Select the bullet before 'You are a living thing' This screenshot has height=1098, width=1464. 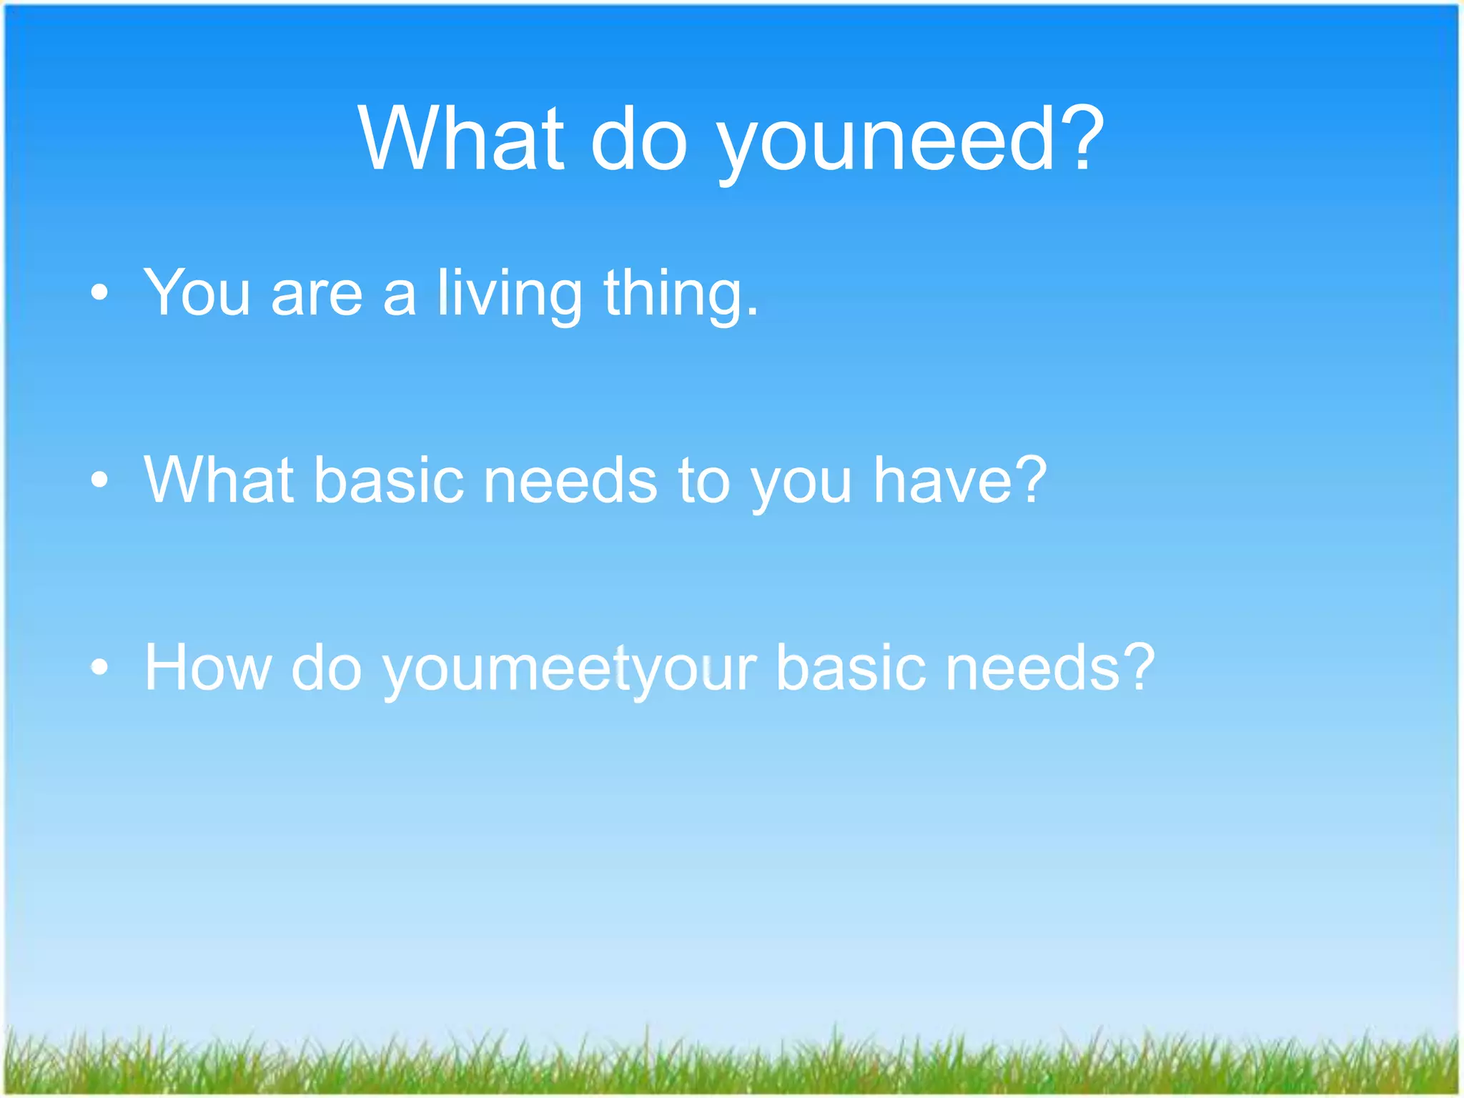coord(99,292)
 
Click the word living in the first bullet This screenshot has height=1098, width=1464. coord(510,294)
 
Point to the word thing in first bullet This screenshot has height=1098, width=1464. coord(679,294)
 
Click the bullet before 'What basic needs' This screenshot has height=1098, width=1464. coord(99,480)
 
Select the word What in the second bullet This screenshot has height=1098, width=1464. coord(219,480)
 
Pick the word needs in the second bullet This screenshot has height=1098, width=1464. coord(570,480)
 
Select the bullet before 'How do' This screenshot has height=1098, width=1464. coord(99,667)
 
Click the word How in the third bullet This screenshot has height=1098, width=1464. coord(208,667)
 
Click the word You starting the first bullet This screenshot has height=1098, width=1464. coord(197,292)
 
